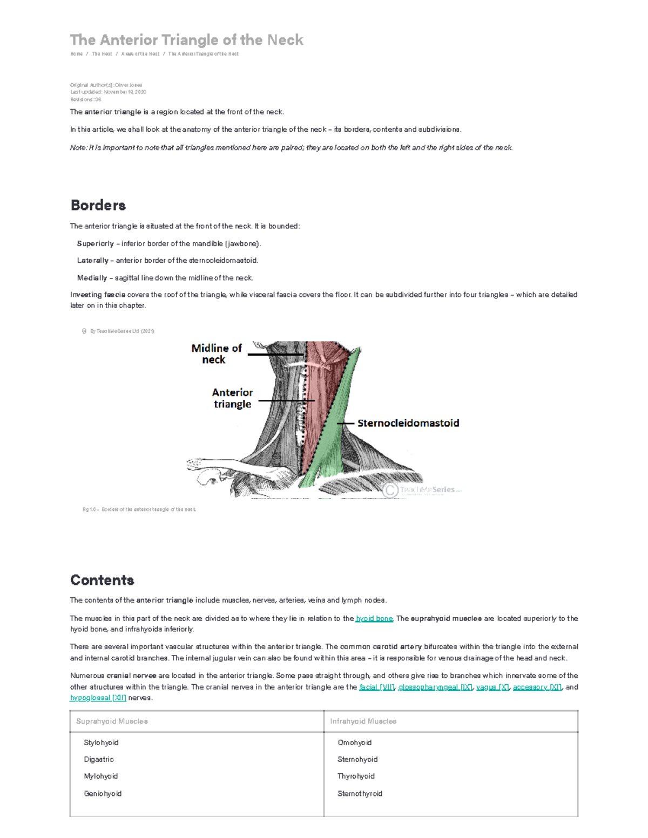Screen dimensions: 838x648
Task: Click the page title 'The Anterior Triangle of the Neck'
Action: click(x=186, y=40)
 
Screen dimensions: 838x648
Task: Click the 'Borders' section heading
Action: click(x=98, y=205)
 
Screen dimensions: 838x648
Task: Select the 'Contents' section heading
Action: click(x=102, y=580)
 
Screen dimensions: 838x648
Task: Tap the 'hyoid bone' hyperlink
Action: click(x=374, y=618)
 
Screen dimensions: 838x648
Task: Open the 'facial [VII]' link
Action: click(x=377, y=687)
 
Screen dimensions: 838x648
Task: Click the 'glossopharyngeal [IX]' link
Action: click(x=435, y=687)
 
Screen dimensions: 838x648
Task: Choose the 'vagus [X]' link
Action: click(x=492, y=687)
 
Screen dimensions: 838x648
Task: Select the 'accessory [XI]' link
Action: click(x=537, y=687)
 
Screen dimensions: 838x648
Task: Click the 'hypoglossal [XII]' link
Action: click(x=98, y=698)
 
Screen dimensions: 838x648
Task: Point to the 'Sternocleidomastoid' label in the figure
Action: click(x=408, y=423)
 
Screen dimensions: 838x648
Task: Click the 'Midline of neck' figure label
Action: click(x=216, y=354)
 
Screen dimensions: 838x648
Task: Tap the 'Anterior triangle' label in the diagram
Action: click(x=232, y=398)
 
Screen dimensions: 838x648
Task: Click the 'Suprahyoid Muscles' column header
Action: click(x=112, y=721)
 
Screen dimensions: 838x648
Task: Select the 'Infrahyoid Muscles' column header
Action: click(x=363, y=721)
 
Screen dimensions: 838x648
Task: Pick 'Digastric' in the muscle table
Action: click(x=99, y=759)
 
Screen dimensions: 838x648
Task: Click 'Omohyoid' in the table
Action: click(x=354, y=742)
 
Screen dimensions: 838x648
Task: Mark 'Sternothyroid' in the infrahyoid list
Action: click(x=360, y=794)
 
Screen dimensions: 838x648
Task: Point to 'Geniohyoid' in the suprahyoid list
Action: click(x=103, y=794)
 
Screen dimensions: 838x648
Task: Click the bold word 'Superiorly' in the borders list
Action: click(x=96, y=243)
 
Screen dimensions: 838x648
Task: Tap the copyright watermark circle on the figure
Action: click(x=390, y=490)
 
